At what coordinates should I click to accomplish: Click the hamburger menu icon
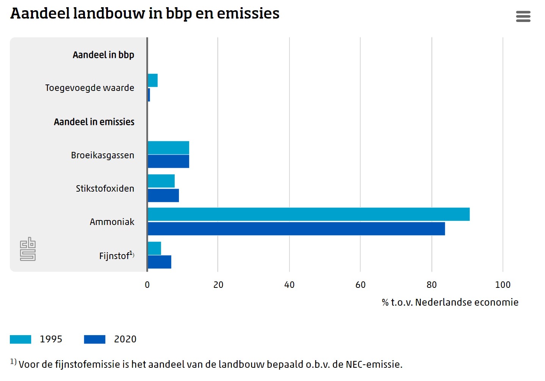coord(523,16)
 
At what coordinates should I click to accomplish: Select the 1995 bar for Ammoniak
coord(309,214)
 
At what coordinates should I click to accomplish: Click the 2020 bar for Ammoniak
coord(296,229)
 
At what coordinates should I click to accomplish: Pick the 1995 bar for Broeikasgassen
coord(168,148)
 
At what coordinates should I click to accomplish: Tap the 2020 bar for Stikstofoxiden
coord(163,195)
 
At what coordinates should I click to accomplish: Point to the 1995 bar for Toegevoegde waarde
coord(153,80)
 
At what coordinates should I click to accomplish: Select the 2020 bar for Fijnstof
coord(160,262)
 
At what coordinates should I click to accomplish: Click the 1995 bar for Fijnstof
coord(154,248)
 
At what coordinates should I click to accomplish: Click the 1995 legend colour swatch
coord(20,339)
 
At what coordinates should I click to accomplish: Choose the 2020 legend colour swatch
coord(95,339)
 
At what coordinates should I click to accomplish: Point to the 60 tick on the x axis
coord(360,285)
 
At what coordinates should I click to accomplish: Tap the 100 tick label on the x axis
coord(503,285)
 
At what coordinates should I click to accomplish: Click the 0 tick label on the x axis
coord(147,285)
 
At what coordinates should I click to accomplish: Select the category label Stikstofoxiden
coord(105,189)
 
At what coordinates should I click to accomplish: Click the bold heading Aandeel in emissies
coord(94,122)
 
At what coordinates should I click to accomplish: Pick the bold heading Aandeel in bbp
coord(103,55)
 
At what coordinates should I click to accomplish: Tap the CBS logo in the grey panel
coord(28,249)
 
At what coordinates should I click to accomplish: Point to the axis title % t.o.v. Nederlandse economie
coord(450,302)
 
